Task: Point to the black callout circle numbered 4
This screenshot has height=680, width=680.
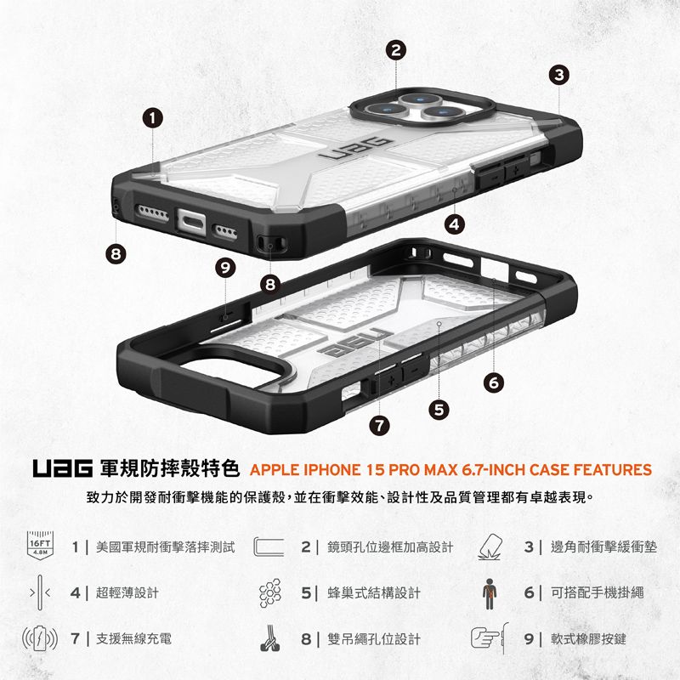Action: click(x=456, y=224)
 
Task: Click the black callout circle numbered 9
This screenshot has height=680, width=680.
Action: click(x=225, y=268)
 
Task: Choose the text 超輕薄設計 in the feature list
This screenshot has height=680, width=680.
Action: click(x=127, y=592)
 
